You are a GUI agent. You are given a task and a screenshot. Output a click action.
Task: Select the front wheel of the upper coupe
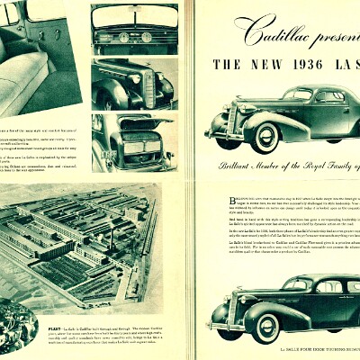[266, 137]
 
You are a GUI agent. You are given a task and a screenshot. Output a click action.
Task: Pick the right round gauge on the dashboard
[146, 38]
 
